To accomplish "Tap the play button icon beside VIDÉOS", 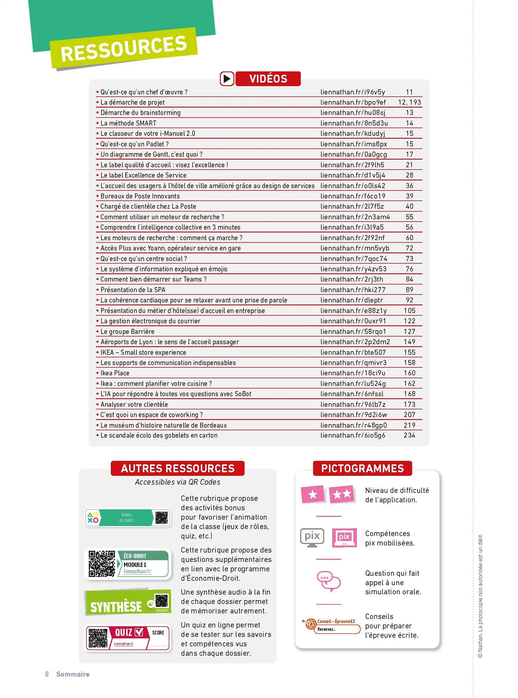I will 227,78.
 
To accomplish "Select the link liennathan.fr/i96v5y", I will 352,92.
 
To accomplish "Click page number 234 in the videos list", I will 409,435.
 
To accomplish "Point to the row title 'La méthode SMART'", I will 128,123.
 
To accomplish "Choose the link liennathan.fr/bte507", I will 353,352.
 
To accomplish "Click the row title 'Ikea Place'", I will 115,373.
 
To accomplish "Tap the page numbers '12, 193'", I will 409,102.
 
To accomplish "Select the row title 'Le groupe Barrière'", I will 127,331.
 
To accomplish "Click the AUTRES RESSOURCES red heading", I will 178,468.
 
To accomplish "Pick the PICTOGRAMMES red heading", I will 362,468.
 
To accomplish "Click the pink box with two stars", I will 342,494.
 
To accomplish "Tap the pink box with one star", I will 312,494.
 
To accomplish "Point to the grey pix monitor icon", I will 312,537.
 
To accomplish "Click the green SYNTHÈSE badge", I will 128,602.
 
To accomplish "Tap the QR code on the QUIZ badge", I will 98,638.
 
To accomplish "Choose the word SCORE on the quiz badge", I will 158,632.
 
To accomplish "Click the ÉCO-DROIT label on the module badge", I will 135,556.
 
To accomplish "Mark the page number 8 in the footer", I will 47,674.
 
